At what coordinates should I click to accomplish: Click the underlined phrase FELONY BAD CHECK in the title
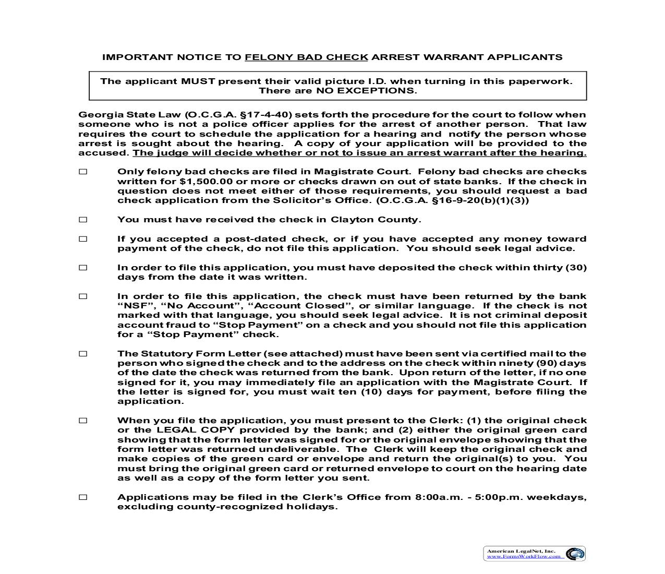[306, 57]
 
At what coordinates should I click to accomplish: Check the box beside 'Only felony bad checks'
[83, 172]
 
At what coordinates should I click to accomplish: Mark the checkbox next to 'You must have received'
[83, 220]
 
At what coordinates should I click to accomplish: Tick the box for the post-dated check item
[83, 239]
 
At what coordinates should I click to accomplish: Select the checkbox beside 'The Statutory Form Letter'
[83, 354]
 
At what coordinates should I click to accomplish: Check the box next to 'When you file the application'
[83, 421]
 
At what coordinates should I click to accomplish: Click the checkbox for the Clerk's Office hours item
[83, 497]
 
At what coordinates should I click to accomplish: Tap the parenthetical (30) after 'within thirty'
[576, 268]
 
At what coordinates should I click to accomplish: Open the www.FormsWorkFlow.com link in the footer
[524, 556]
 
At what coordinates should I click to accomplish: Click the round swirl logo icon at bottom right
[575, 554]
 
